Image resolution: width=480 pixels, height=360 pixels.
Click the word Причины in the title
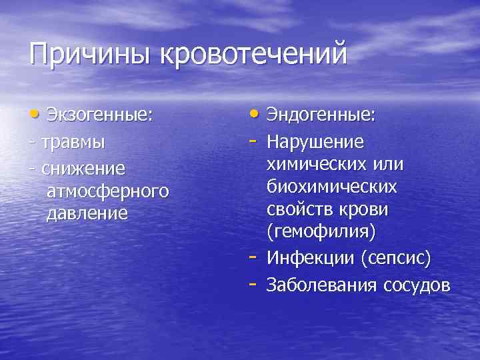pos(90,53)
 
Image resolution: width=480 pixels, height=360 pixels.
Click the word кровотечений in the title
pos(253,53)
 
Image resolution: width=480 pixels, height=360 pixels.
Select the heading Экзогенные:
pos(100,115)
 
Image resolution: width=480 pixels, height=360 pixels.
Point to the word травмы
pos(73,142)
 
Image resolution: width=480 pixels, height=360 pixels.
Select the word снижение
pos(78,165)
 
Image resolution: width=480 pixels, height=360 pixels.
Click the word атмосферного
pos(107,191)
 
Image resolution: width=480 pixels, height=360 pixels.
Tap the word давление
pos(86,214)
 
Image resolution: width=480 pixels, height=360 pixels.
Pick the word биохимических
pos(331,187)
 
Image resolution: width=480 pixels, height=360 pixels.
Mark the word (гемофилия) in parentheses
pos(321,233)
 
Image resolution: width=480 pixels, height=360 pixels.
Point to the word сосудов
pos(417,285)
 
